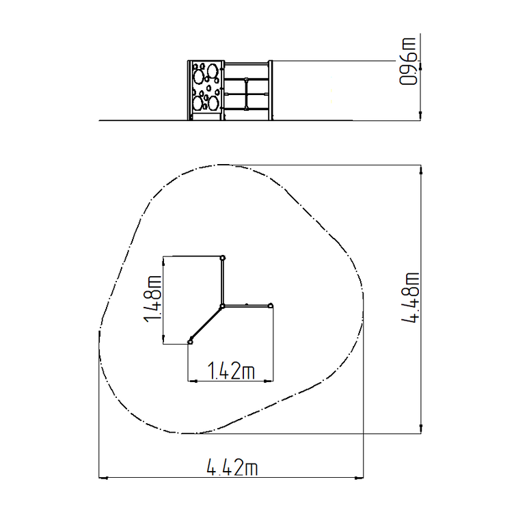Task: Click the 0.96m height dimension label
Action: [408, 62]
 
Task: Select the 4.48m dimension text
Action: [410, 298]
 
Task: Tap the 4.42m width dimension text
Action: [232, 467]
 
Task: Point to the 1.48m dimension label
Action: [152, 299]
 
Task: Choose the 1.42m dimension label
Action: [231, 371]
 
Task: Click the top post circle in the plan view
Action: [223, 258]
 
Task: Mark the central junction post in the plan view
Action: [222, 306]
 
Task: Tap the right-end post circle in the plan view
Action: [270, 306]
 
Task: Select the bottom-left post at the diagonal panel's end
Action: [191, 342]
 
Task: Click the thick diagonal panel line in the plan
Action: [206, 323]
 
